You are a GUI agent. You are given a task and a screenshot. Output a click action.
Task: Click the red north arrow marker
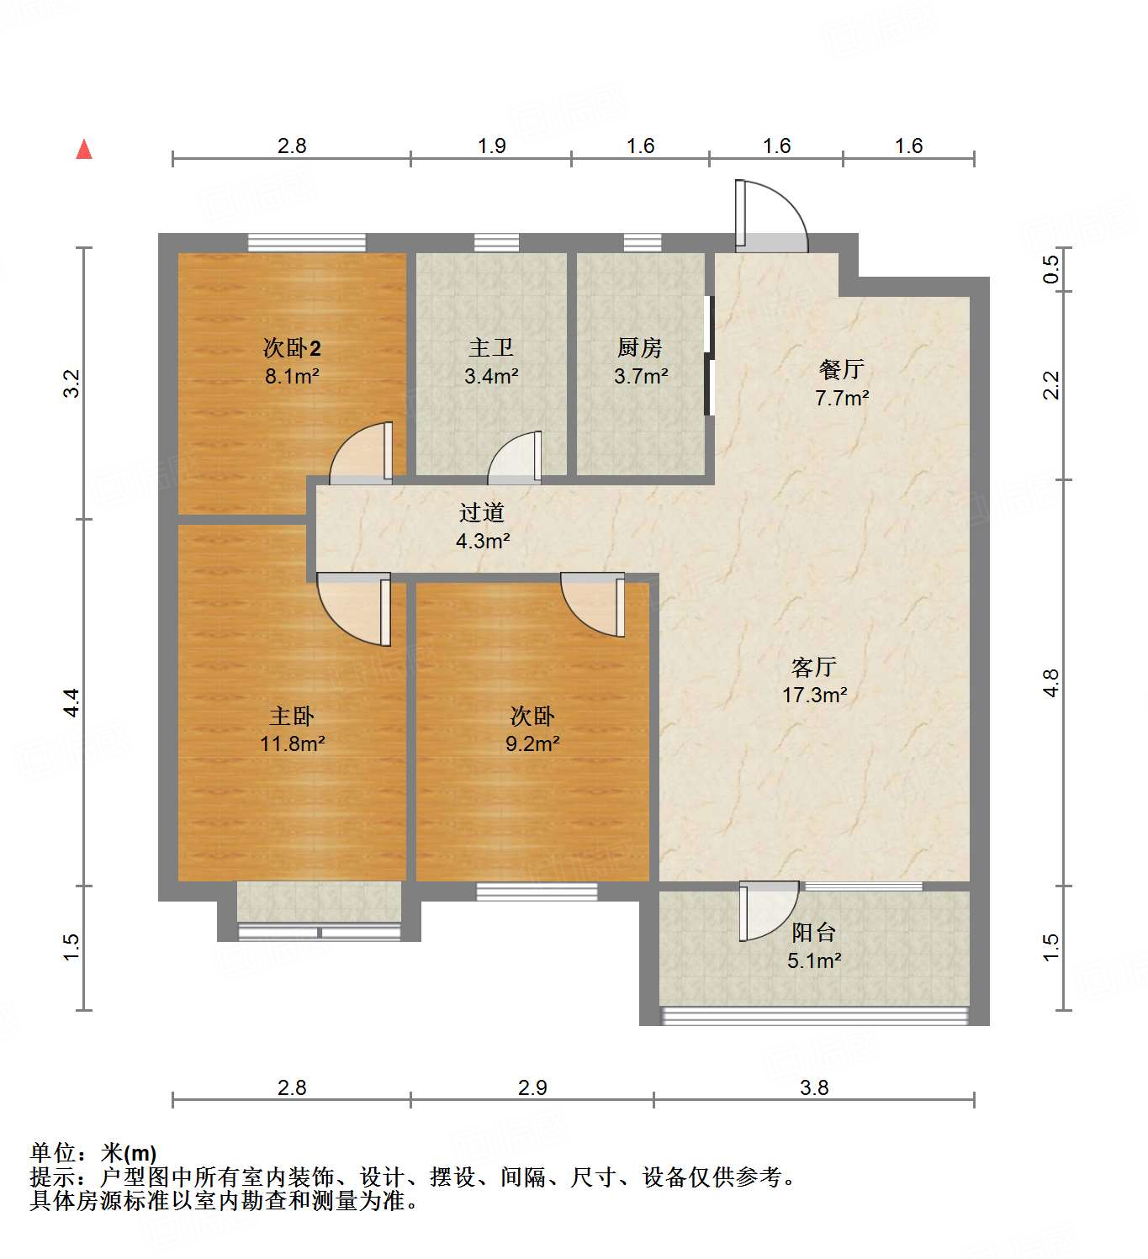coord(84,150)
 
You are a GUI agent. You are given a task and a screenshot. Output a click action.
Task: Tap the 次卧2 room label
coord(292,347)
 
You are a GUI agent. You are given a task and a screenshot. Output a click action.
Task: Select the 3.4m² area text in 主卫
coord(491,376)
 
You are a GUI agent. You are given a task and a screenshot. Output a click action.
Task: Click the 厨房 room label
coord(639,347)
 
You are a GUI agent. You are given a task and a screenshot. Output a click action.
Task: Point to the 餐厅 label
coord(841,369)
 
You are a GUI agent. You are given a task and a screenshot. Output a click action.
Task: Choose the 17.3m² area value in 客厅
coord(814,695)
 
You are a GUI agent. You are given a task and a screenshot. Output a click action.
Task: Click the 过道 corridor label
coord(482,512)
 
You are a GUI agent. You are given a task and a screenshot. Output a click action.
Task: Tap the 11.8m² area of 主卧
coord(292,743)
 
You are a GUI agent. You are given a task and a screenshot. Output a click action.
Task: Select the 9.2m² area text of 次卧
coord(532,743)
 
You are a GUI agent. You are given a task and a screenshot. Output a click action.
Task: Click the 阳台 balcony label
coord(813,932)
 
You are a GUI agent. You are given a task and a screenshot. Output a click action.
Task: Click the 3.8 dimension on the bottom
coord(814,1087)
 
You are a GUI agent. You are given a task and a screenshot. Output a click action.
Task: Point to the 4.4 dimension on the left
coord(72,702)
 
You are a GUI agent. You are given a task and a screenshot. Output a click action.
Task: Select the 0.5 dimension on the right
coord(1051,269)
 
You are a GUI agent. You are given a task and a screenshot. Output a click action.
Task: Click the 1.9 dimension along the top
coord(491,145)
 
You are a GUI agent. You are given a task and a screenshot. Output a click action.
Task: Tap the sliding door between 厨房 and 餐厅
coord(709,355)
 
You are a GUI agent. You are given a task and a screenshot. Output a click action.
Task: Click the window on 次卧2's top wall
coord(307,242)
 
